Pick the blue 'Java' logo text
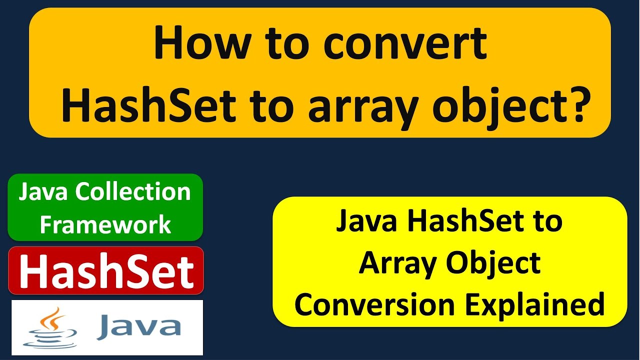pos(139,326)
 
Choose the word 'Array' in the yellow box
pos(397,263)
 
